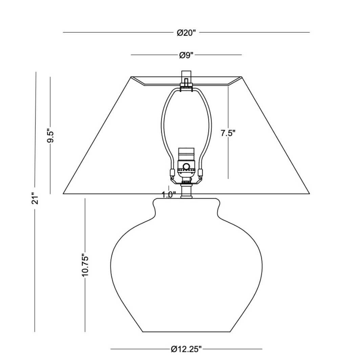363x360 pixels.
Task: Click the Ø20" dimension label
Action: click(186, 33)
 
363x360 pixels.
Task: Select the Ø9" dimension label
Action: click(186, 55)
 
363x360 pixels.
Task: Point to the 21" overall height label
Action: click(35, 198)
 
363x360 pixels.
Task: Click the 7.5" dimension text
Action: click(228, 133)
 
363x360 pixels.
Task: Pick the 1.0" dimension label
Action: click(169, 195)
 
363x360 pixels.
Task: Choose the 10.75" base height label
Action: click(85, 266)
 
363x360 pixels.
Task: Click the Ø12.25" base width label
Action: click(186, 349)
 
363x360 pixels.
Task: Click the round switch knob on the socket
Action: click(186, 166)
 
